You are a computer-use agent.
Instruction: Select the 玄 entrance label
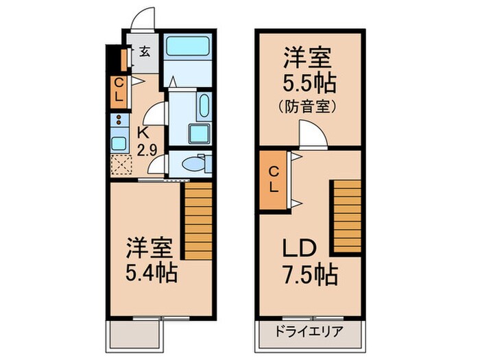pos(146,51)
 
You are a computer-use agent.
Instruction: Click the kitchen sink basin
pos(118,144)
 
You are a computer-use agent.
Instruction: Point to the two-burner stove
pos(118,123)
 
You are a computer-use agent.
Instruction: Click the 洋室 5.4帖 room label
pos(152,260)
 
